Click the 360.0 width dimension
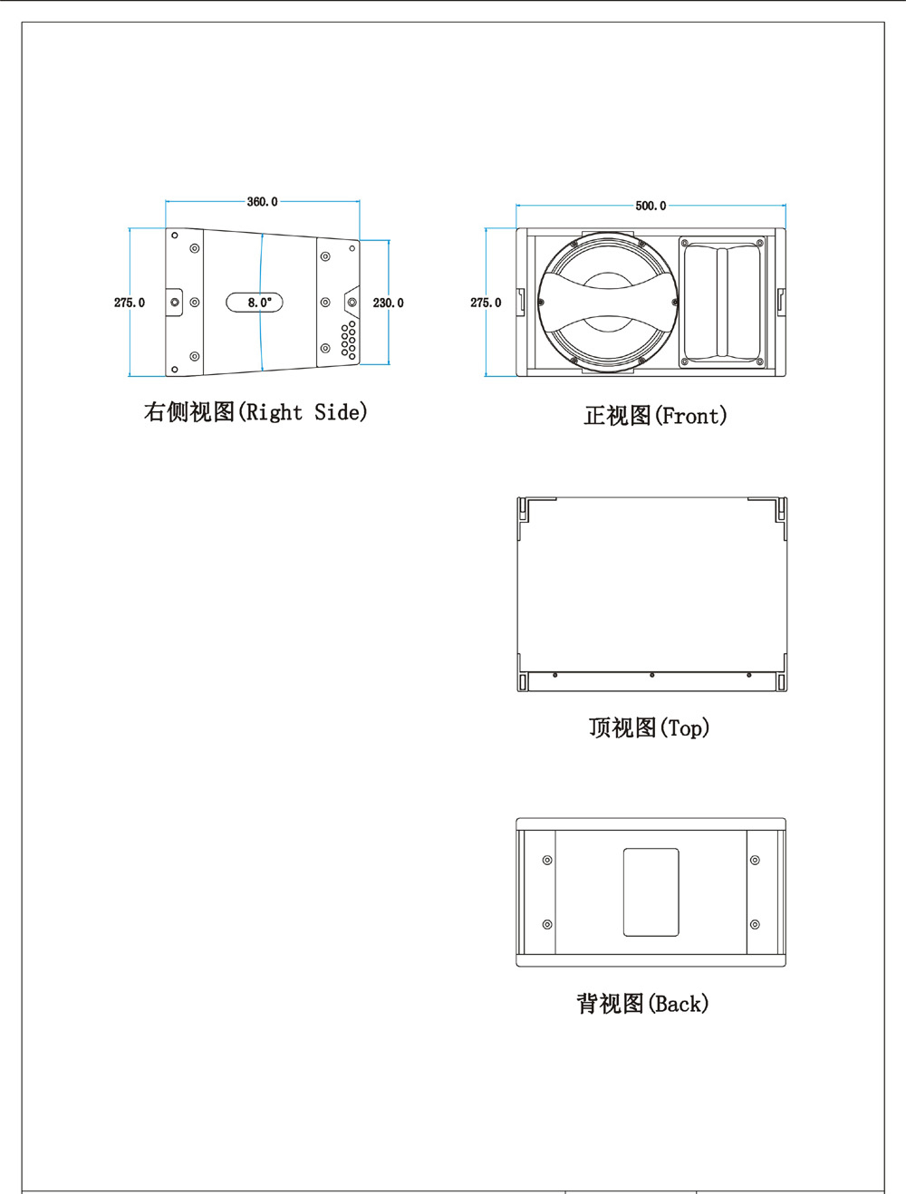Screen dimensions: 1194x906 click(x=262, y=202)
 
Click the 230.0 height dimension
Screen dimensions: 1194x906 click(x=388, y=303)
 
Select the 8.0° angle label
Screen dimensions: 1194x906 click(x=258, y=303)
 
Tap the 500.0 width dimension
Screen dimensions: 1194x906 click(x=650, y=206)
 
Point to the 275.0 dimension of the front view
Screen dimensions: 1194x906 click(x=485, y=303)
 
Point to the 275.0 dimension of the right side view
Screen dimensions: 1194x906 click(x=129, y=303)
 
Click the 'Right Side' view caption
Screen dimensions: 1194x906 click(x=255, y=412)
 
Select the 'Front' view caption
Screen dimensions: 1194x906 click(x=655, y=416)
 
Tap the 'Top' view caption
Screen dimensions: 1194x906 click(x=649, y=727)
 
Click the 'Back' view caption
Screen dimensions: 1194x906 click(x=642, y=1004)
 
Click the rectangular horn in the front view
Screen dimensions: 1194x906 click(x=722, y=302)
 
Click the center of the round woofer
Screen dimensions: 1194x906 click(x=606, y=302)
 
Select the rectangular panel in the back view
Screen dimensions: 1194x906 click(x=651, y=892)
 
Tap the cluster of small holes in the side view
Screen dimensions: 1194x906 click(x=348, y=340)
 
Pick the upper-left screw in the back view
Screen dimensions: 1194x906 click(x=547, y=860)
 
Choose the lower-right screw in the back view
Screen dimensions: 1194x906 click(x=755, y=924)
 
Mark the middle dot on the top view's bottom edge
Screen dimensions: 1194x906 click(x=651, y=675)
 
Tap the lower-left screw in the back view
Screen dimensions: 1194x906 click(x=547, y=924)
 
